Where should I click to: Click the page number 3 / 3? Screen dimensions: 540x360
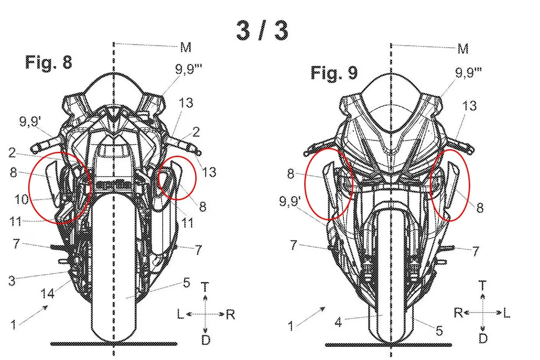(x=262, y=30)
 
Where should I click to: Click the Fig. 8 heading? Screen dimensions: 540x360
(x=49, y=62)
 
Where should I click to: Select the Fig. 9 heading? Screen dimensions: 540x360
(x=334, y=72)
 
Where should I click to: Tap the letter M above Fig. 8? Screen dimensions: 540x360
(x=186, y=47)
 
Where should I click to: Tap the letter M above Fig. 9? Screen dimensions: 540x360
(x=463, y=49)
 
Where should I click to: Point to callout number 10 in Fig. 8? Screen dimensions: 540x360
(x=22, y=200)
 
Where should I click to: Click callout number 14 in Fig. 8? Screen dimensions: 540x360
(x=48, y=293)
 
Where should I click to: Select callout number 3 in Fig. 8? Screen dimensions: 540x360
(x=12, y=281)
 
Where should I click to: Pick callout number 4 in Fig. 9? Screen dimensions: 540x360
(x=339, y=322)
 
